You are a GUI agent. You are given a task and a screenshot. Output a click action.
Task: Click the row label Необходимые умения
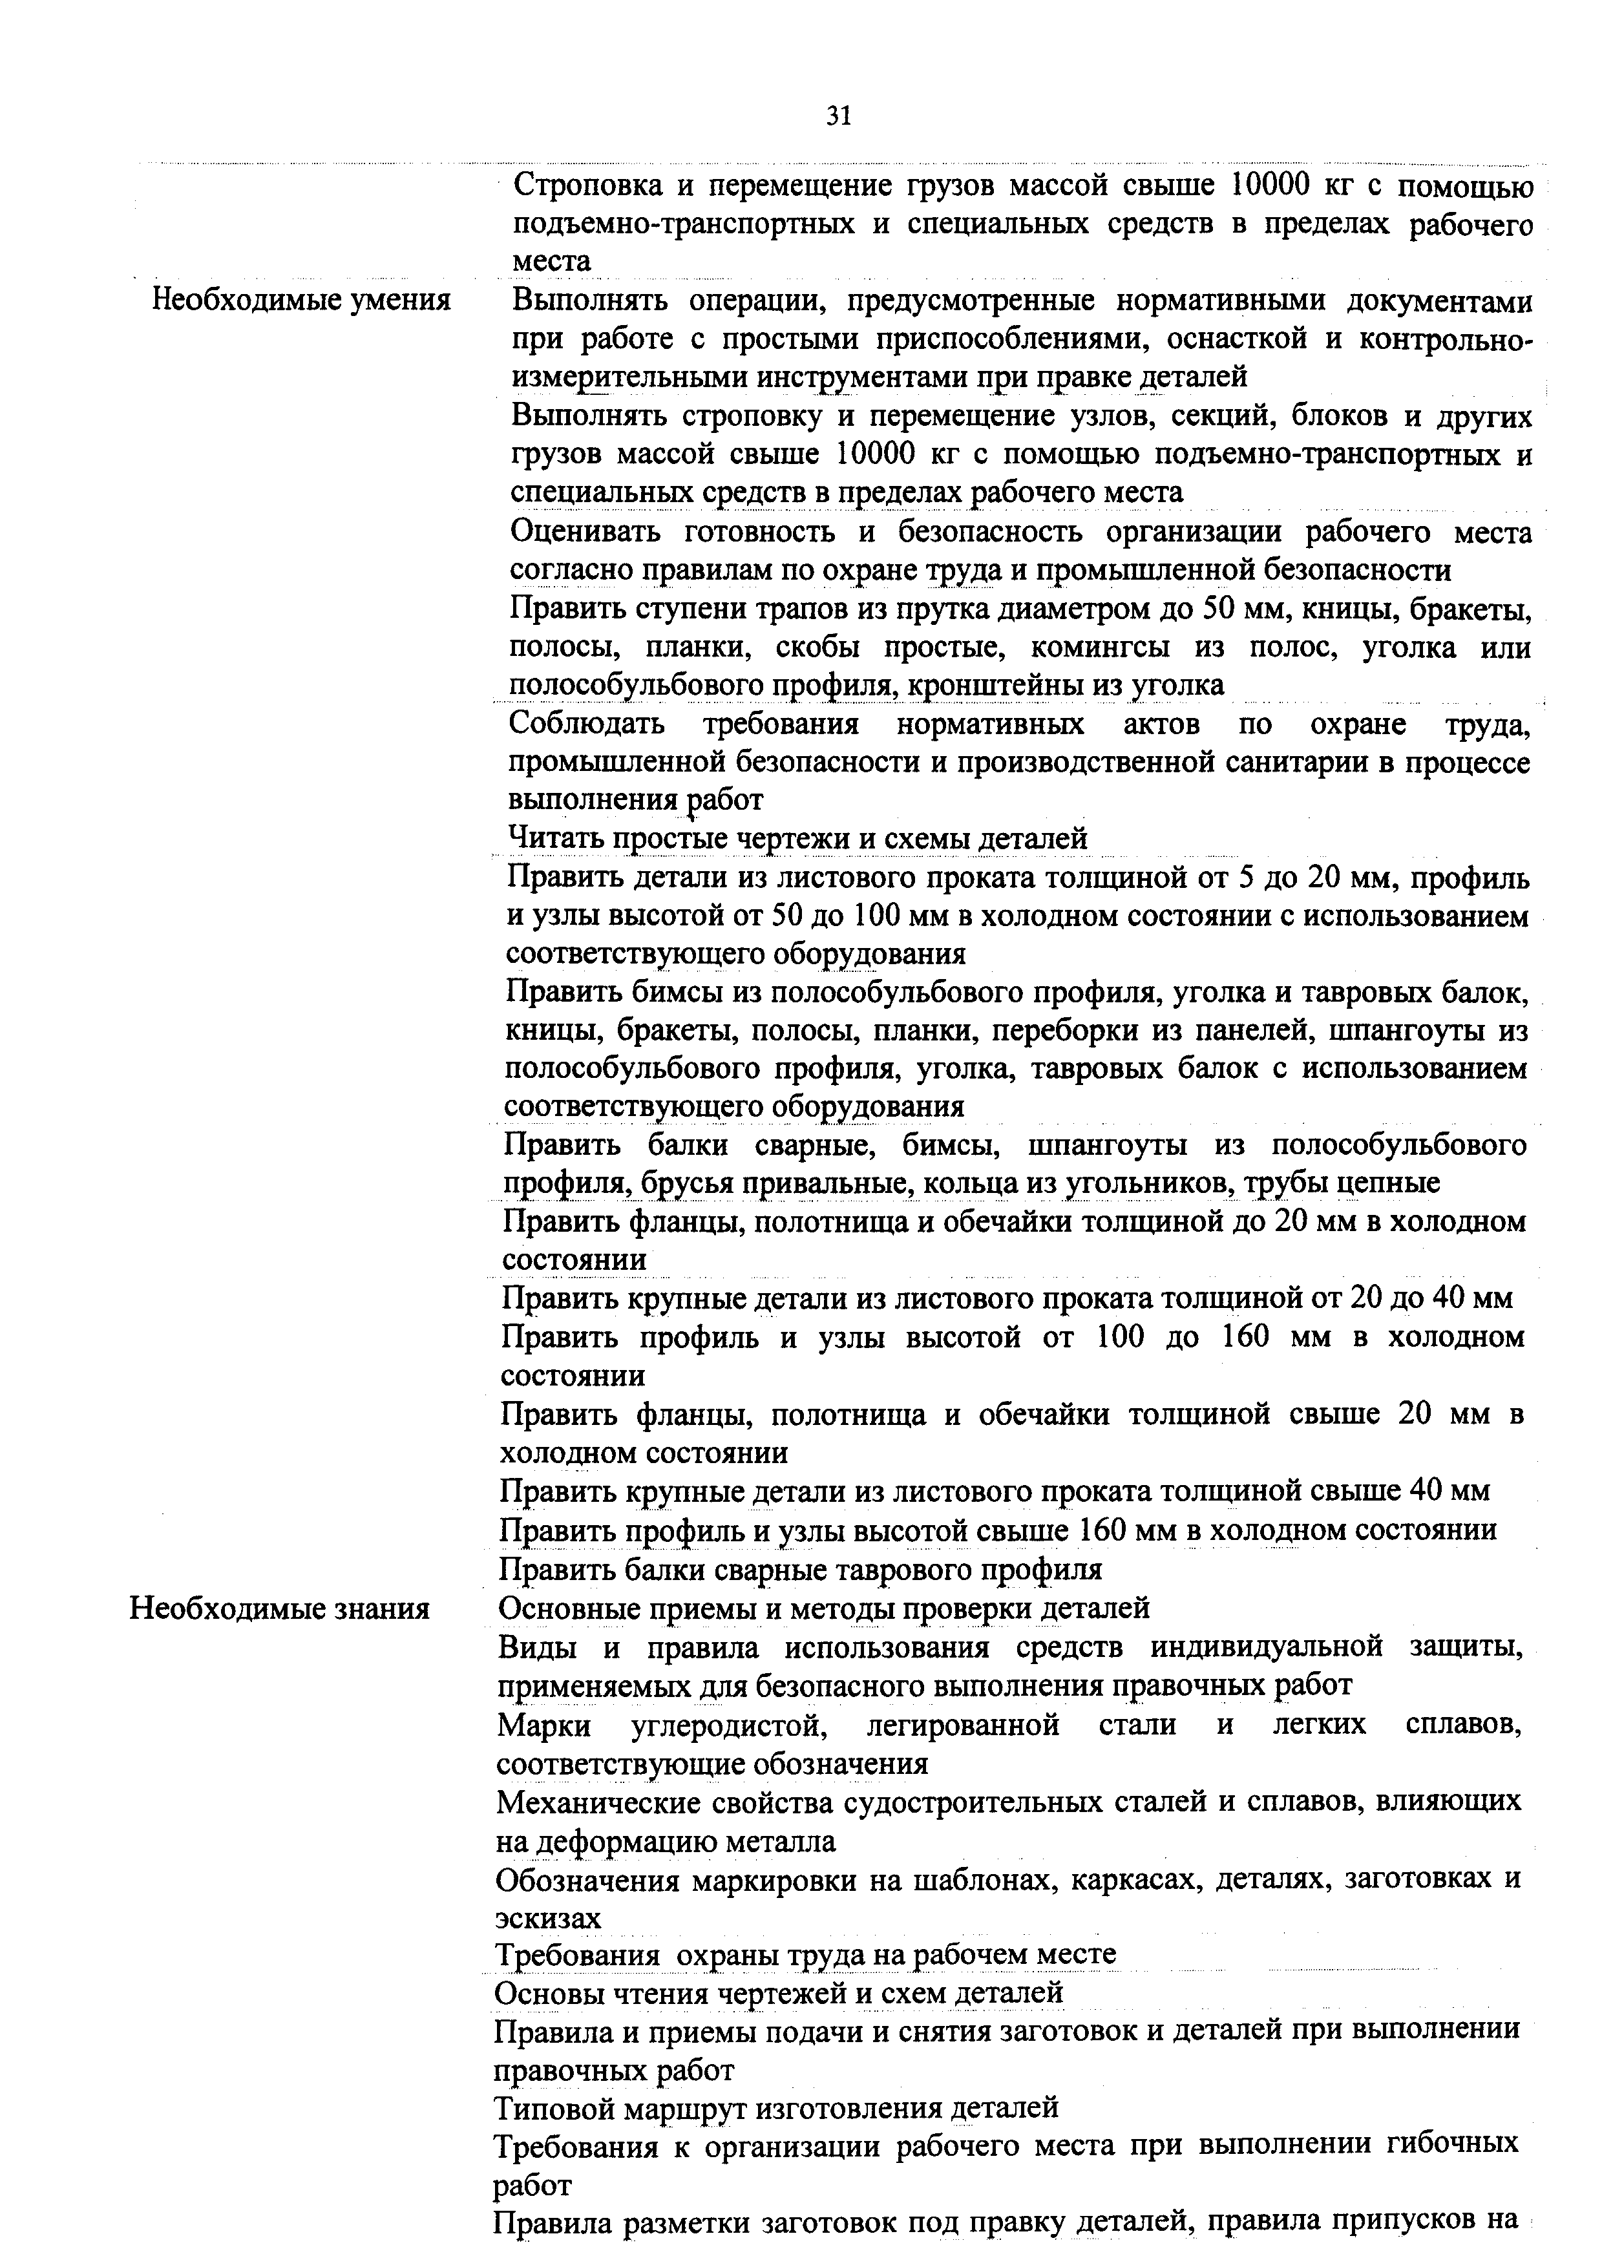(301, 299)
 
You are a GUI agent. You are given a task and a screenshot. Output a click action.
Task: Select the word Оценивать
(585, 532)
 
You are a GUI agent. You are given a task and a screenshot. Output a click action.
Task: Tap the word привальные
(814, 1183)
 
